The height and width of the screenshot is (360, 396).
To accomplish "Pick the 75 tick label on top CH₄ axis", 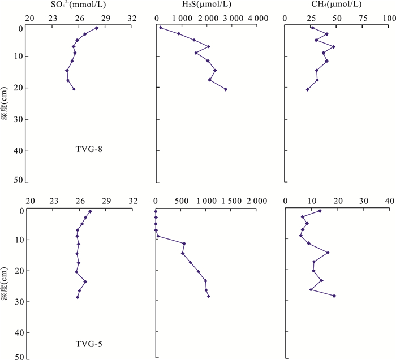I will (x=363, y=18).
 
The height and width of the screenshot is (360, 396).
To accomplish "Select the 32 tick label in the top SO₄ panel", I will (x=131, y=18).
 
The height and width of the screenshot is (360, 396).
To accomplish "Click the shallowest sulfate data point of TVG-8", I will (x=97, y=28).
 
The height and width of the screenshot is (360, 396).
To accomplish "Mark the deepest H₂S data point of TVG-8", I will (x=226, y=89).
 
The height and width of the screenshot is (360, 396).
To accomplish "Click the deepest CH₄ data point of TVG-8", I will (x=307, y=89).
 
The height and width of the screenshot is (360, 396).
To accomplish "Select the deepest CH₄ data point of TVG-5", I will (x=334, y=296).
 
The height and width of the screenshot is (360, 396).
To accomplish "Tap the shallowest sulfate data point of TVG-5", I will (x=91, y=211).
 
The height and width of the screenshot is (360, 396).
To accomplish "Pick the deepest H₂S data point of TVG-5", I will (x=209, y=296).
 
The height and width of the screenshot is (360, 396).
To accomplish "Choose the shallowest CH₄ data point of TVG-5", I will (x=320, y=211).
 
